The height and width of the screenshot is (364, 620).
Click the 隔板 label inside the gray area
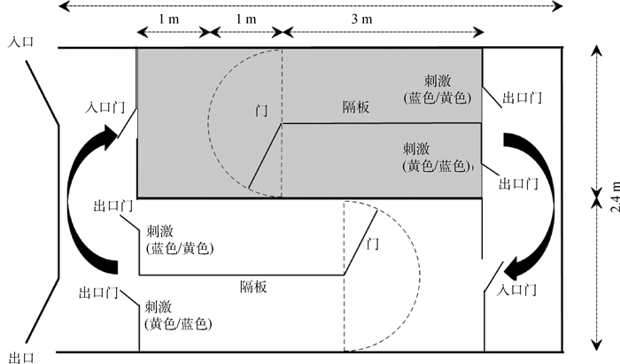(x=356, y=106)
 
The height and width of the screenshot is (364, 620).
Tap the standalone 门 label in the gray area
(x=260, y=112)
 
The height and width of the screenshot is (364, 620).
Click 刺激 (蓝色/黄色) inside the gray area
(x=438, y=88)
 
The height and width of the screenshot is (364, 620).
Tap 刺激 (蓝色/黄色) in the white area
(x=179, y=240)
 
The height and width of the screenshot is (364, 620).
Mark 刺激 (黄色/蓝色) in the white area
(x=178, y=314)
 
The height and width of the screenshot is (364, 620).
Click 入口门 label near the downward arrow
(x=518, y=290)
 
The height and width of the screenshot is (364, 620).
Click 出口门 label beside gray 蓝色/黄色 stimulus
(x=523, y=97)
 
